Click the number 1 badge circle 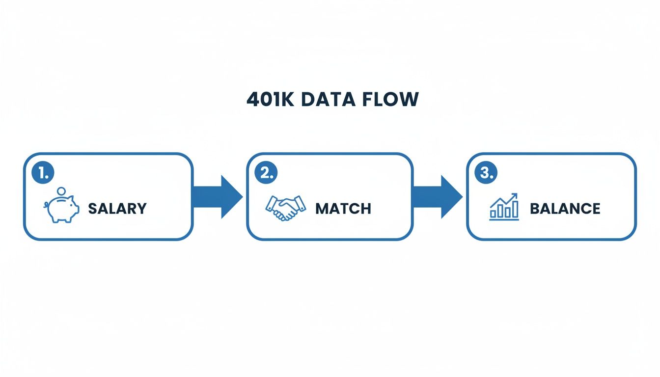tap(43, 173)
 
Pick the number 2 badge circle tap(266, 173)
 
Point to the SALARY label tap(117, 208)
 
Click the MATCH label tap(343, 208)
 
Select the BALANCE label tap(565, 208)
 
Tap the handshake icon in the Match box tap(285, 208)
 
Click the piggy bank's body tap(64, 209)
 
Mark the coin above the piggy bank tap(62, 191)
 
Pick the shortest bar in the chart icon tap(494, 214)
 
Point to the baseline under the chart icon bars tap(504, 219)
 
